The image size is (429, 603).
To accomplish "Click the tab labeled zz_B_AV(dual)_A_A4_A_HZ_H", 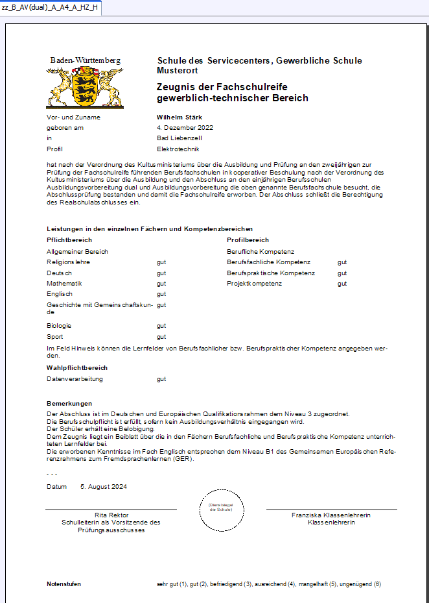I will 50,7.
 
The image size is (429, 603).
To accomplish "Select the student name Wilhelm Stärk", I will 176,117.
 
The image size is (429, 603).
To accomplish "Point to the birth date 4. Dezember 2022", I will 185,128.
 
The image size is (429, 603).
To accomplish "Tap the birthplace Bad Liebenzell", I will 179,138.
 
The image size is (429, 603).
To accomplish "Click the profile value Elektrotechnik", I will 178,149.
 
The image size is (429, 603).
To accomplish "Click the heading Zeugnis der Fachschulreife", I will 222,87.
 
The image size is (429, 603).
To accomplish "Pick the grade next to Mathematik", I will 161,284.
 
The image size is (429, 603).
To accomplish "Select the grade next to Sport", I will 161,337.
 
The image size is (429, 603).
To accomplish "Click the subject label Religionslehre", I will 68,262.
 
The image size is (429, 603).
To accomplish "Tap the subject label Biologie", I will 59,326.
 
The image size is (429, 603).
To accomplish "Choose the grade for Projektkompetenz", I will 342,284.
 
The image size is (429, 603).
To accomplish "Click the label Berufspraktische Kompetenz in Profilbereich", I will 271,273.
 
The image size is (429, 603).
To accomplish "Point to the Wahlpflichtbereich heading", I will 77,368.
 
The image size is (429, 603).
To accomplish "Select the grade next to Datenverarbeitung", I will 161,379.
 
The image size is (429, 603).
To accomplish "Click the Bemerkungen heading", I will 69,404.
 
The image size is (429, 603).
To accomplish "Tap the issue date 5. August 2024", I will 103,487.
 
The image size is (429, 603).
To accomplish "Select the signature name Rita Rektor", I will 110,515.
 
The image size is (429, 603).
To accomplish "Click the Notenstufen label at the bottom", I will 64,584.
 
